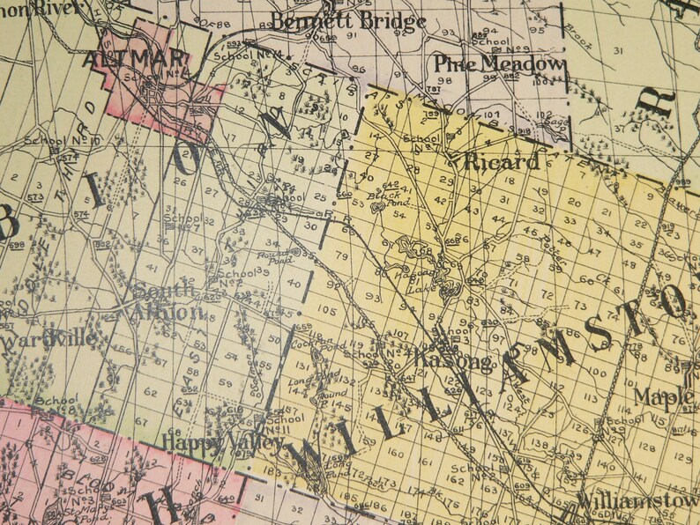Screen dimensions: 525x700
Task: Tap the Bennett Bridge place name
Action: click(x=349, y=21)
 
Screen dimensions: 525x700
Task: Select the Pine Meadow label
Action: click(x=498, y=64)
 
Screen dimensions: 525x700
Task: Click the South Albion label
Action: click(x=168, y=301)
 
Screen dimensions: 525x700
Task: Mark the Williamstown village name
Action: click(x=637, y=500)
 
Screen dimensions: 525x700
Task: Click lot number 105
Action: click(x=326, y=310)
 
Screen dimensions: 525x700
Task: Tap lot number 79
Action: click(x=341, y=256)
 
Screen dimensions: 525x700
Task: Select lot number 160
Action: click(x=395, y=453)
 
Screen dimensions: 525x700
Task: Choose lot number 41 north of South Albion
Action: click(x=152, y=267)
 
